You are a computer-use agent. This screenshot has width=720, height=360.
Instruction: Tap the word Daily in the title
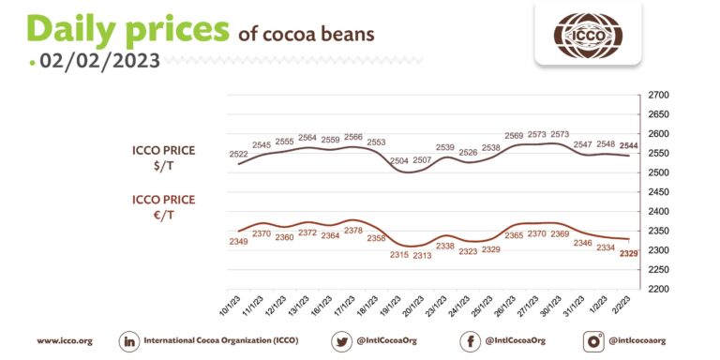[74, 28]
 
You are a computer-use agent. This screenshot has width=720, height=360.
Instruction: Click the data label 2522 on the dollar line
[239, 154]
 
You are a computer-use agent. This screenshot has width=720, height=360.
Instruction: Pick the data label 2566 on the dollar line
[353, 137]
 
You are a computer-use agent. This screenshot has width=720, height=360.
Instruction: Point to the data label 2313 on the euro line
[422, 255]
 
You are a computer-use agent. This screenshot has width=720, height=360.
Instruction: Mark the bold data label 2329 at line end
[629, 253]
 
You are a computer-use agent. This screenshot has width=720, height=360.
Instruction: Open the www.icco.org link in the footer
[64, 340]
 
